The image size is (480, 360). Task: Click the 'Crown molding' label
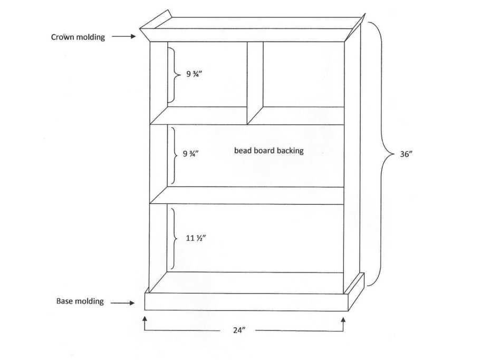click(78, 37)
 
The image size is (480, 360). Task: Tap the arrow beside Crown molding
click(123, 36)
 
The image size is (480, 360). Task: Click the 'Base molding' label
click(80, 301)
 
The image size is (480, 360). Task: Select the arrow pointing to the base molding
click(122, 303)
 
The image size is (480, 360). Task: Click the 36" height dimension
click(406, 154)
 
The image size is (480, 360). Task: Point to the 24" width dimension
click(239, 330)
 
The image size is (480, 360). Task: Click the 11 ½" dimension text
click(196, 238)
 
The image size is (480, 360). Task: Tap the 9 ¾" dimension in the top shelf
click(195, 74)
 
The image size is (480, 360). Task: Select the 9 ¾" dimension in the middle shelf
click(191, 153)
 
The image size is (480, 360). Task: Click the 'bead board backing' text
click(269, 151)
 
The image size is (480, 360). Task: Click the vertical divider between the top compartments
click(255, 83)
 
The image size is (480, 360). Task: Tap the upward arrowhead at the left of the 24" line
click(145, 320)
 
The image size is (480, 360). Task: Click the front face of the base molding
click(246, 302)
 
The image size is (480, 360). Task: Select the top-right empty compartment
click(303, 74)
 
